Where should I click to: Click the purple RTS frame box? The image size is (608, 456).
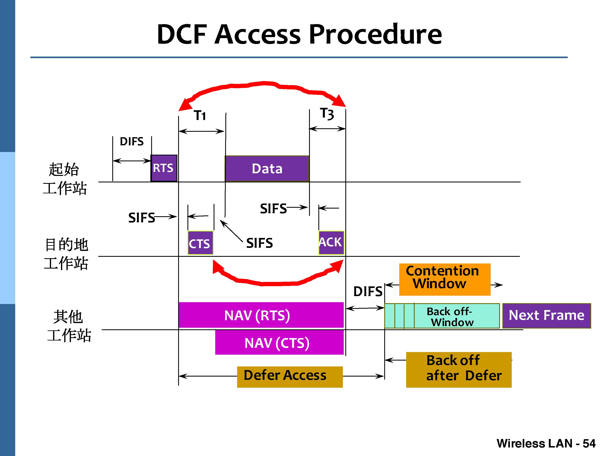tap(164, 168)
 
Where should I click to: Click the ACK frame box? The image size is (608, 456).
tap(331, 242)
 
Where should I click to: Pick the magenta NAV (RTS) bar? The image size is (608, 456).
tap(261, 315)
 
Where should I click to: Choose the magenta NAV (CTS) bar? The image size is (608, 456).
tap(279, 343)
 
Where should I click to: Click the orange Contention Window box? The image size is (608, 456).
tap(444, 279)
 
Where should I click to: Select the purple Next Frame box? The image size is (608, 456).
tap(546, 316)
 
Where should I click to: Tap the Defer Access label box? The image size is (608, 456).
tap(289, 377)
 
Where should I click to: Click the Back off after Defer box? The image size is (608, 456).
tap(458, 369)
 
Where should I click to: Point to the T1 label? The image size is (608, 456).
tap(200, 116)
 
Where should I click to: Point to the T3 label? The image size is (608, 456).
tap(327, 113)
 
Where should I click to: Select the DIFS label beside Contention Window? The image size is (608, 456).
tap(367, 292)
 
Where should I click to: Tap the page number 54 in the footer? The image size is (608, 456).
tap(589, 443)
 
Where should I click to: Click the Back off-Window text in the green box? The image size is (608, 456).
tap(451, 317)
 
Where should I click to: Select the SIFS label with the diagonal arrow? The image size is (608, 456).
tap(259, 243)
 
